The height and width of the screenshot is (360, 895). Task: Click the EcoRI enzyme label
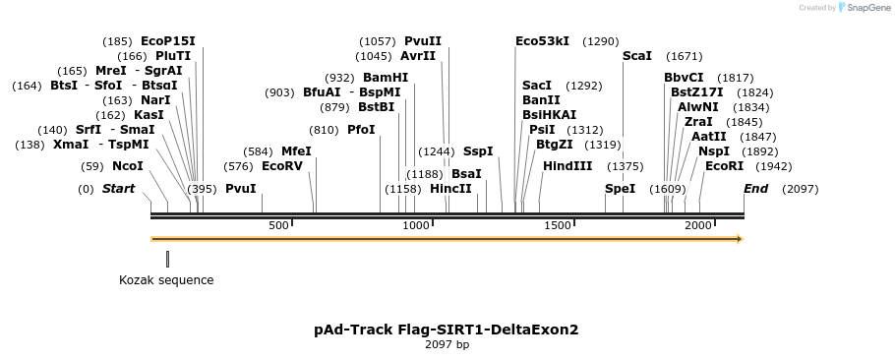tap(724, 166)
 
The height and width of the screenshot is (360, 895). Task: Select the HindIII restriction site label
tap(567, 166)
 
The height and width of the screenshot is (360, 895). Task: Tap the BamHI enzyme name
tap(386, 78)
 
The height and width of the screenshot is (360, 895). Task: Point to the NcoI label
tap(128, 166)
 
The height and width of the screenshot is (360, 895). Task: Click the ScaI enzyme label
tap(637, 56)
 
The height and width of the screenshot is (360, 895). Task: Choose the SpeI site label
tap(620, 188)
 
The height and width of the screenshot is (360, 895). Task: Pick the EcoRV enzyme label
tap(282, 166)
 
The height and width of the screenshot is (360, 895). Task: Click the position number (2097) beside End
tap(800, 189)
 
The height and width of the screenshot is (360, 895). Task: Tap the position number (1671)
tap(684, 56)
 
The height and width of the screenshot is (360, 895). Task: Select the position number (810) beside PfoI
tap(324, 131)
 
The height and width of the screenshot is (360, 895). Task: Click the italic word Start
tap(119, 188)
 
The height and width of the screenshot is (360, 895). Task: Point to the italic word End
tap(755, 188)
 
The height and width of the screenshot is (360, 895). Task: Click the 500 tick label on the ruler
tap(278, 225)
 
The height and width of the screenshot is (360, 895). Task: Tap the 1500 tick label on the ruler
tap(558, 225)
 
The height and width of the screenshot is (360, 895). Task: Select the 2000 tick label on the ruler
tap(698, 225)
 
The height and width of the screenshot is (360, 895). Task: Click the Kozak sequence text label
tap(166, 280)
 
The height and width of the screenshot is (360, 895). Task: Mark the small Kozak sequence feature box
tap(168, 259)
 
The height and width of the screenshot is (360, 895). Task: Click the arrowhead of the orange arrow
tap(741, 239)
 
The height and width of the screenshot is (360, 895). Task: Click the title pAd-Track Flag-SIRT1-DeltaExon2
tap(447, 330)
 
